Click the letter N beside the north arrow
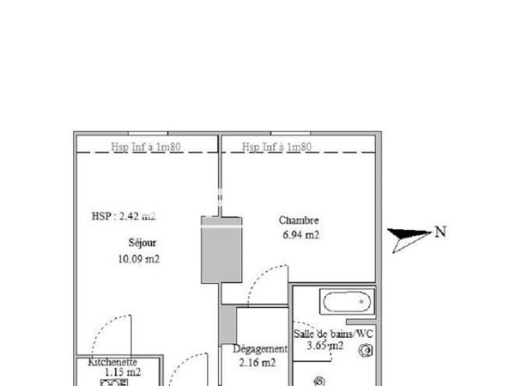[x=440, y=231]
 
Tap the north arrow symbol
[x=409, y=238]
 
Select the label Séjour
[x=142, y=242]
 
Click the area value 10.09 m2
[x=139, y=258]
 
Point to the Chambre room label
[x=299, y=219]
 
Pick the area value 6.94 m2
[x=300, y=234]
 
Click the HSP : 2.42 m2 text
[x=124, y=216]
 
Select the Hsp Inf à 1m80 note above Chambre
[x=276, y=147]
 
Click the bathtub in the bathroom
[x=347, y=302]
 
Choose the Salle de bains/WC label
[x=334, y=334]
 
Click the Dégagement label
[x=260, y=349]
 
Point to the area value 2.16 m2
[x=257, y=363]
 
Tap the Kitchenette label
[x=112, y=363]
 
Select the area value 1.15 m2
[x=122, y=373]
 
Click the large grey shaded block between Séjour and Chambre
[x=221, y=250]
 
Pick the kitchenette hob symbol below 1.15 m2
[x=113, y=383]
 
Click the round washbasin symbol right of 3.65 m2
[x=367, y=350]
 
